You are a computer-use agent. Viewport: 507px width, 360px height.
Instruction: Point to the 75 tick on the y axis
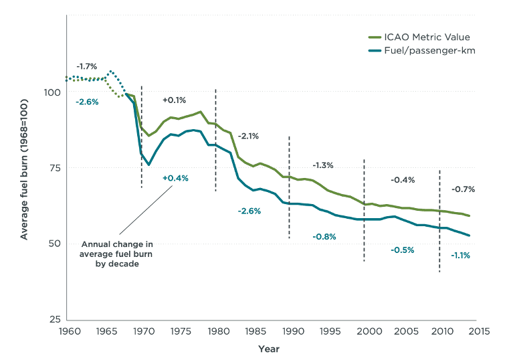[53, 168]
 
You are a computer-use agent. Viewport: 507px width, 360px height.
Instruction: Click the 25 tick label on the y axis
[53, 319]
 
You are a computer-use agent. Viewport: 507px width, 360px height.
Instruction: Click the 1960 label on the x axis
[67, 332]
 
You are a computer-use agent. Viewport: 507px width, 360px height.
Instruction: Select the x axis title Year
[269, 349]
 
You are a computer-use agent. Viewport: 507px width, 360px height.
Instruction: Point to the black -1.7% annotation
[86, 66]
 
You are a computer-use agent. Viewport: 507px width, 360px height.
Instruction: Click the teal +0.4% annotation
[175, 178]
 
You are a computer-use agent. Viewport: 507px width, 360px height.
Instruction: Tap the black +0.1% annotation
[174, 100]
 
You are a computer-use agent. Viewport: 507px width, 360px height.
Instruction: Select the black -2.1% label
[248, 136]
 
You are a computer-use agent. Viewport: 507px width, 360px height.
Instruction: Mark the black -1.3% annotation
[322, 165]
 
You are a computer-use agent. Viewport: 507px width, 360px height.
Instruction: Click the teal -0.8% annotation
[324, 236]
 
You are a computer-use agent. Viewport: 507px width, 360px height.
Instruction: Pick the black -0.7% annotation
[463, 189]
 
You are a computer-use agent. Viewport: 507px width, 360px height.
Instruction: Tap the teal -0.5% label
[403, 250]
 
